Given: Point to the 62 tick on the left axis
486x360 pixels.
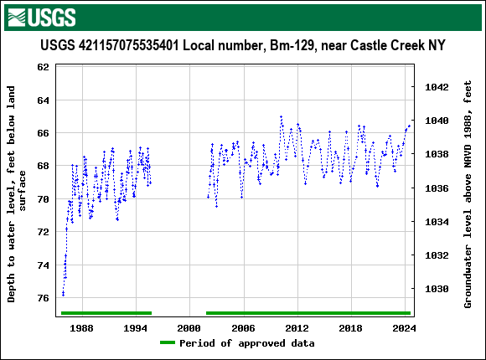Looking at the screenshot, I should (43, 67).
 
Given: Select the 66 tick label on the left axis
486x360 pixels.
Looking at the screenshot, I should (43, 133).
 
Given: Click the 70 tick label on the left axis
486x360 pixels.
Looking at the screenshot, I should (43, 199).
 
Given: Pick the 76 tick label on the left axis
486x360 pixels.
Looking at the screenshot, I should (43, 298).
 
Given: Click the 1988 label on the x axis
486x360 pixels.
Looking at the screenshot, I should (81, 327).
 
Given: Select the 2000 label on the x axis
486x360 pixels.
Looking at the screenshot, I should (189, 327).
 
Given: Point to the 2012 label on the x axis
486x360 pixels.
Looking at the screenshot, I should (297, 327).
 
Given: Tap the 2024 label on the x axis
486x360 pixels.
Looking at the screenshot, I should (405, 327).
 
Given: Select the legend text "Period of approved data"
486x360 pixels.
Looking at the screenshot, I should (247, 343).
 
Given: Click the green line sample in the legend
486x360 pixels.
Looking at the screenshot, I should (168, 343).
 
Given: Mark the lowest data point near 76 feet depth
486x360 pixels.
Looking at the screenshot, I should (63, 295).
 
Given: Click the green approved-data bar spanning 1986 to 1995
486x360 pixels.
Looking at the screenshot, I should (106, 313).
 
